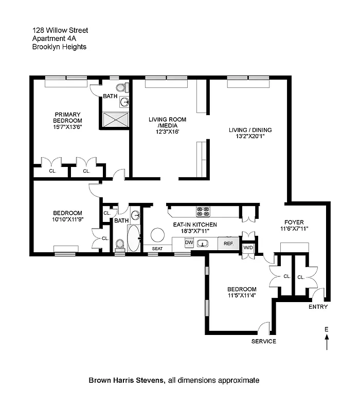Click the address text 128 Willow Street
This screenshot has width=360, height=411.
[60, 30]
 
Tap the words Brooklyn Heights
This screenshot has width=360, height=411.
[59, 47]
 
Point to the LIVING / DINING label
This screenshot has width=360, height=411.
[250, 130]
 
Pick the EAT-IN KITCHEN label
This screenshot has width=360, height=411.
[194, 225]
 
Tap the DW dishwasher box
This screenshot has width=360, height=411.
[189, 242]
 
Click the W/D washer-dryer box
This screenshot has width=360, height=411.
[248, 248]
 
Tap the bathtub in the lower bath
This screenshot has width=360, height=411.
[133, 238]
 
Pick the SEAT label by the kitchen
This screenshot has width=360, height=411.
[157, 249]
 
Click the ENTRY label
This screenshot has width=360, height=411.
[317, 307]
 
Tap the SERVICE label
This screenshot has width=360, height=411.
[263, 342]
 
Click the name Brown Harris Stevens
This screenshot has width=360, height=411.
[126, 381]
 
